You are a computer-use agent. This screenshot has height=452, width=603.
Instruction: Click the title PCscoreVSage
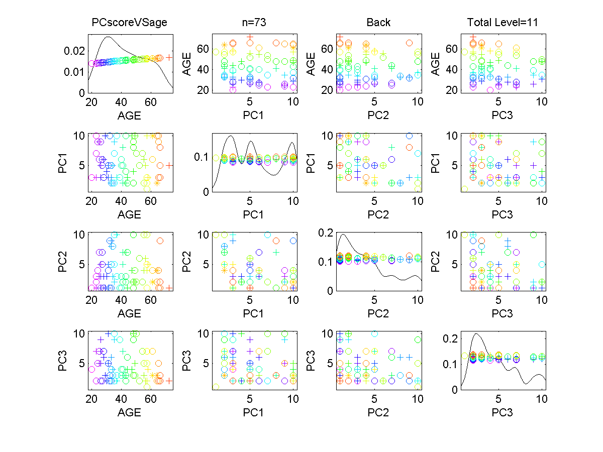coord(129,23)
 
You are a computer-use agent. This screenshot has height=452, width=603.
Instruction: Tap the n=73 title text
coord(254,23)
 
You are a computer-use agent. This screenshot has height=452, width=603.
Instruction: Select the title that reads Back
coord(378,23)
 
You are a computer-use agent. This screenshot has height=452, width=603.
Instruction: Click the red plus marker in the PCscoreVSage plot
coord(169,57)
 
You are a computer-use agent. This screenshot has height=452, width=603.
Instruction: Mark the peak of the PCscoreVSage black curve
coord(109,37)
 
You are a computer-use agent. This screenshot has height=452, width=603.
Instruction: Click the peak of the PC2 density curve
coord(343,235)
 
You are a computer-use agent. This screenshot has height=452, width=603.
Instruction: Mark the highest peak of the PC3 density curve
coord(477,334)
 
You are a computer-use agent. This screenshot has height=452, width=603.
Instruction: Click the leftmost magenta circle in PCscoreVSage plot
coord(91,63)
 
